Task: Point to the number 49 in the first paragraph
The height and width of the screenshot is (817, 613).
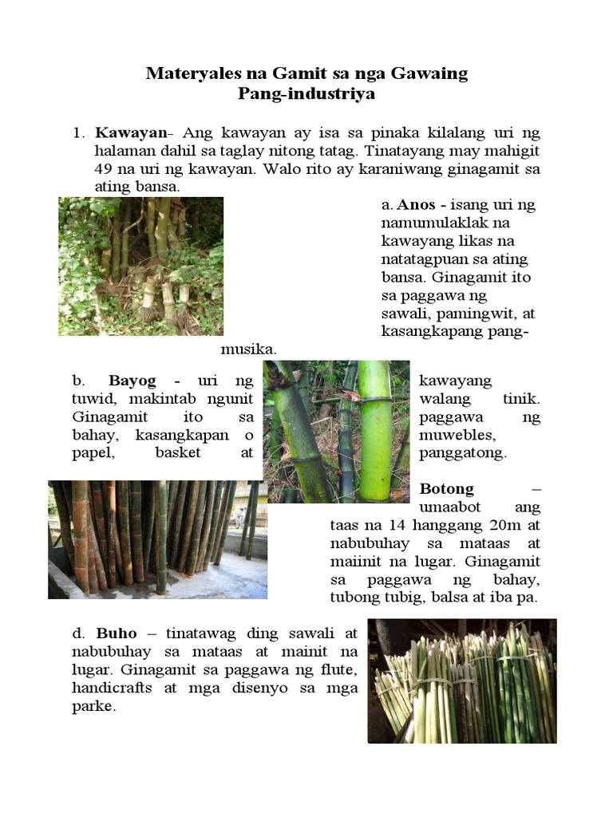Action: [105, 168]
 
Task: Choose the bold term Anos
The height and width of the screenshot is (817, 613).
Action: [416, 205]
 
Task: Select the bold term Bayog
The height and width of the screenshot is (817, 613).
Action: [132, 381]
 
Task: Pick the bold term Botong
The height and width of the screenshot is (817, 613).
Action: [447, 488]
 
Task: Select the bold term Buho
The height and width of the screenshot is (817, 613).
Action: [117, 633]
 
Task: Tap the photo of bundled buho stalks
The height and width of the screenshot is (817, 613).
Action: [462, 681]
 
